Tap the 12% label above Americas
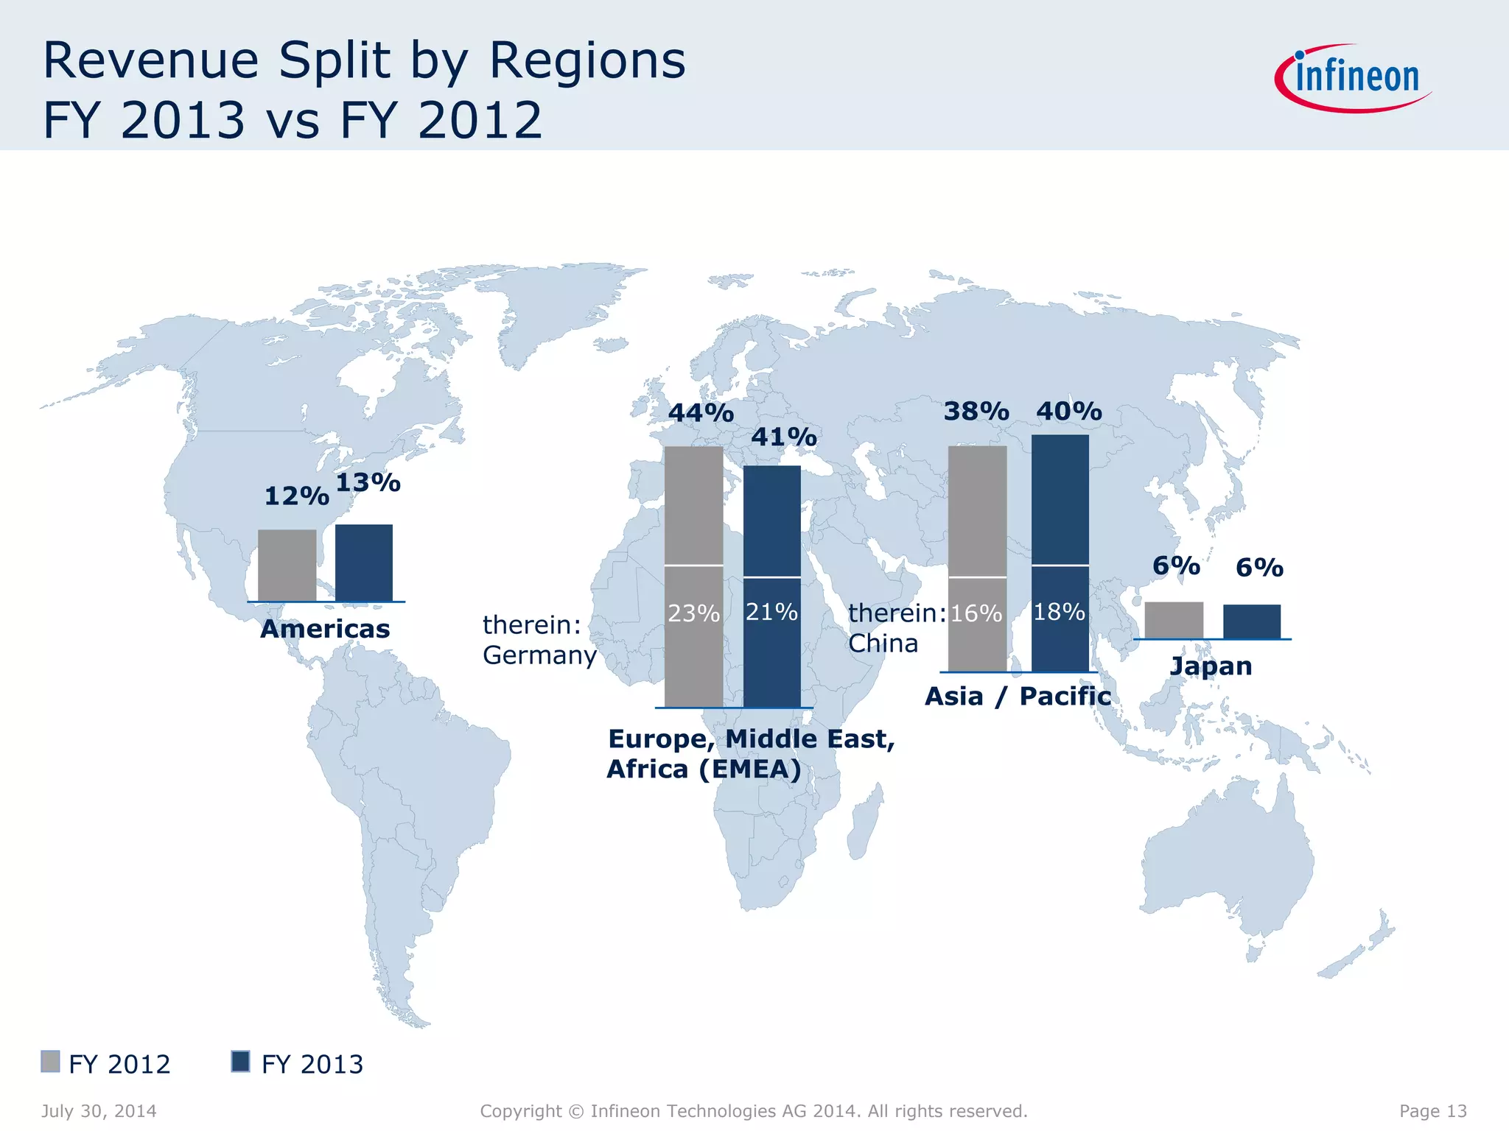[x=296, y=496]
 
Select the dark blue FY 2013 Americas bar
[x=364, y=563]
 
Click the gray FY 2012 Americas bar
[x=287, y=565]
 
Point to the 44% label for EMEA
[x=701, y=413]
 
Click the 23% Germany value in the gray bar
[x=693, y=613]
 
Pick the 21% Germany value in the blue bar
[x=771, y=612]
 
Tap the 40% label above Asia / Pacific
[x=1069, y=412]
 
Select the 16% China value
[x=976, y=613]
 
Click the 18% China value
[x=1059, y=612]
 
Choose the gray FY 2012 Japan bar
[x=1174, y=620]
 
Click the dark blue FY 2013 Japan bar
[x=1252, y=621]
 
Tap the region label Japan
[x=1211, y=666]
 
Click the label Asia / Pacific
[x=1018, y=697]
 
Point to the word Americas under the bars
[x=325, y=630]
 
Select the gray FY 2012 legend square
[x=50, y=1062]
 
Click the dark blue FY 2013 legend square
[x=240, y=1062]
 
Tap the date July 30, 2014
[x=99, y=1111]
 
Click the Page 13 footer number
[x=1433, y=1111]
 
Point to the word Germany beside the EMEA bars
[x=539, y=655]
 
